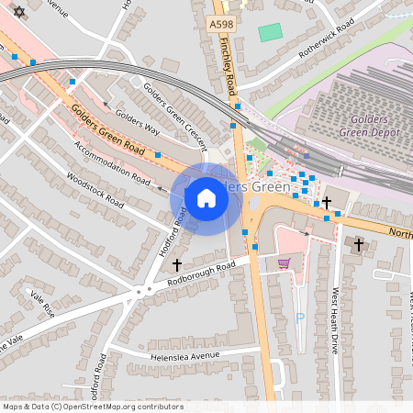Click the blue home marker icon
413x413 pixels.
206,198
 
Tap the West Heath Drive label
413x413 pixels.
334,316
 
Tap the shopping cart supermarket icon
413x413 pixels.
284,263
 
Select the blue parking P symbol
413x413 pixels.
299,318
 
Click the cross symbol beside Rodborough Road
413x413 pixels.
177,264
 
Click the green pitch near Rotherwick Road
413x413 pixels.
270,32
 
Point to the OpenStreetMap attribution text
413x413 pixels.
92,407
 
